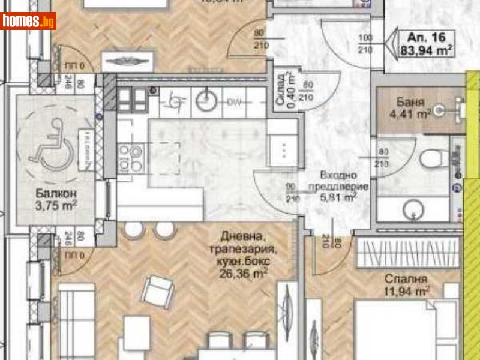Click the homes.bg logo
click(29, 21)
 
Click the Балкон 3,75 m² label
click(55, 199)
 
